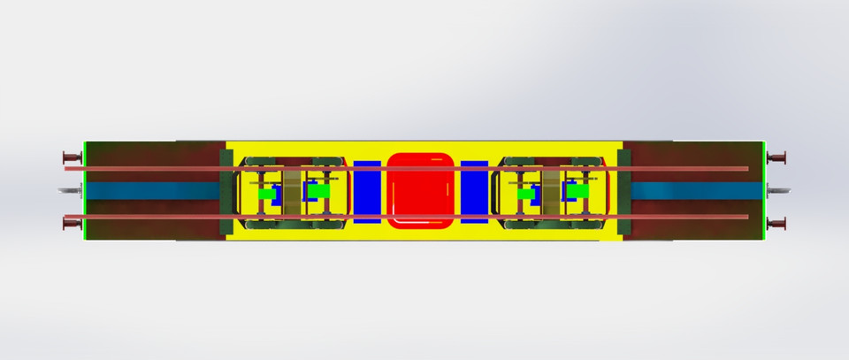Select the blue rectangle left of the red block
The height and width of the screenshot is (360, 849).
point(367,190)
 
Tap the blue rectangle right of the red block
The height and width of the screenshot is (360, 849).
point(474,190)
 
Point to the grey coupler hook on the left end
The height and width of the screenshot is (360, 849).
point(68,190)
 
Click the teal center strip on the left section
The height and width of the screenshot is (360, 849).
point(150,191)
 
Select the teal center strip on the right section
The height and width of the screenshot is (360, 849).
point(694,191)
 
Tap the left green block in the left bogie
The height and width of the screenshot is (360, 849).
point(266,192)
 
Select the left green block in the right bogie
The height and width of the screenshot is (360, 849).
point(527,192)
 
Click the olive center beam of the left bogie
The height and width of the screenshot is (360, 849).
point(291,191)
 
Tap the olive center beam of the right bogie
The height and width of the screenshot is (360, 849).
point(552,191)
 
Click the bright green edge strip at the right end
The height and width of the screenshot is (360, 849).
point(763,190)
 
